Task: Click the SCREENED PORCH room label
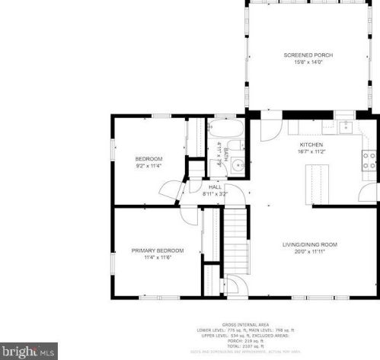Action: (x=308, y=56)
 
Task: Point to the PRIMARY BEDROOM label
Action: (x=157, y=250)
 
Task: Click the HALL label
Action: (x=216, y=186)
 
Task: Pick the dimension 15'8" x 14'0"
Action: (x=308, y=62)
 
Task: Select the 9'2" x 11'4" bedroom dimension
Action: (x=149, y=164)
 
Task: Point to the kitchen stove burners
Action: (x=369, y=159)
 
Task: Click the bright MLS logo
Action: (x=29, y=351)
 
